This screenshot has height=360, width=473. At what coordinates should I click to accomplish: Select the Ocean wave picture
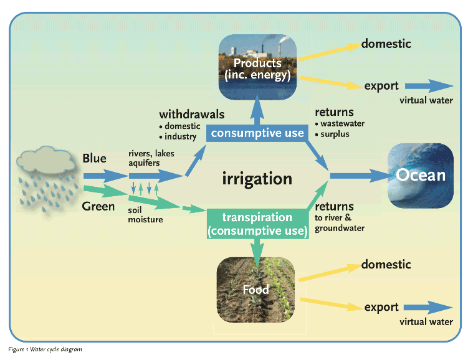[421, 176]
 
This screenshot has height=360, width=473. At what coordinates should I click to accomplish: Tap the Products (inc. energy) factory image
[257, 67]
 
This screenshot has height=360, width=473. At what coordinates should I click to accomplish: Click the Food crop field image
[256, 290]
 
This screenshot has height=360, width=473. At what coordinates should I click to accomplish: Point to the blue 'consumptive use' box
[257, 133]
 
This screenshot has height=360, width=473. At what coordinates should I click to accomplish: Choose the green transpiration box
[257, 224]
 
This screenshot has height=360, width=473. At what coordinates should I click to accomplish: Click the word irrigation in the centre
[257, 179]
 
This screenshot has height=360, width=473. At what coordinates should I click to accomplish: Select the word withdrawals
[192, 115]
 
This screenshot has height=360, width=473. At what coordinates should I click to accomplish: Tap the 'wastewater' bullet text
[342, 123]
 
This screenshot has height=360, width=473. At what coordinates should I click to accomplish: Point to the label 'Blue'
[95, 158]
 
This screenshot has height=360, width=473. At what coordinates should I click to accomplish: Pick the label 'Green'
[98, 207]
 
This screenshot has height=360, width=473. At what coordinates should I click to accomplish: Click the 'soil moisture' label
[145, 215]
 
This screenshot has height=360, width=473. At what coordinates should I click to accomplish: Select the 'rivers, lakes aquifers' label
[151, 158]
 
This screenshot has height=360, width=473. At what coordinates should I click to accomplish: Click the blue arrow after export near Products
[429, 86]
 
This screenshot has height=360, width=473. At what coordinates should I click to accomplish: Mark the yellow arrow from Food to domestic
[330, 273]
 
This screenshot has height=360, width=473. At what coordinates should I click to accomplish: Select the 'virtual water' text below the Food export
[426, 322]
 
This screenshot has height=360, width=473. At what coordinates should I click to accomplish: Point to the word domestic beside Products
[386, 44]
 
